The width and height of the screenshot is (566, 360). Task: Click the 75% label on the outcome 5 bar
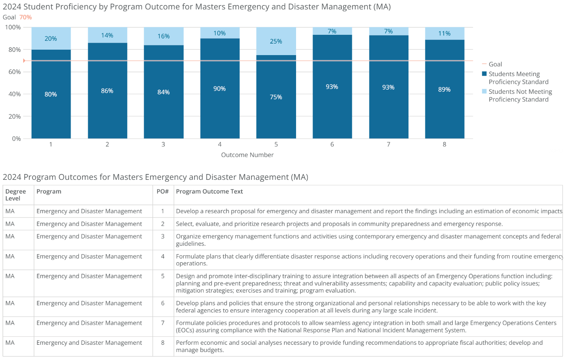[276, 97]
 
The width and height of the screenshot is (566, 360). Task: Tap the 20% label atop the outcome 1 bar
[51, 39]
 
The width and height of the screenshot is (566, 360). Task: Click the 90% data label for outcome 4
[220, 89]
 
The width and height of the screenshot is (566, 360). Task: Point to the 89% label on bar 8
[444, 90]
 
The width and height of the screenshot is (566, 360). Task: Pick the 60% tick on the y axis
[15, 72]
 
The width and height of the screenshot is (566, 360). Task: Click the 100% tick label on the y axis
[13, 27]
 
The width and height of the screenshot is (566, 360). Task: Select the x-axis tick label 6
[332, 144]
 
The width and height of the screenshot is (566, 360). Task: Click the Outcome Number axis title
[247, 155]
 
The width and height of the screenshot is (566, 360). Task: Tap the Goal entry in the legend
[495, 64]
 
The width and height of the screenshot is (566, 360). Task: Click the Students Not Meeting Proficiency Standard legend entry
[520, 95]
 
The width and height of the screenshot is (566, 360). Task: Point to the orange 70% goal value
[25, 17]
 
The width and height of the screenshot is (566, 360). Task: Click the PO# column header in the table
[163, 191]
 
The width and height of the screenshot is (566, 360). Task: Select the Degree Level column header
[16, 195]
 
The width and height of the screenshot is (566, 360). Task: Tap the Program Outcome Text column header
[209, 191]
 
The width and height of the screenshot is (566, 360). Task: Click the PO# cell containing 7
[163, 323]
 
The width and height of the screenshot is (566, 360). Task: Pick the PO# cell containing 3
[163, 236]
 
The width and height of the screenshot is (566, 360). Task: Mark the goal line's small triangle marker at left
[24, 61]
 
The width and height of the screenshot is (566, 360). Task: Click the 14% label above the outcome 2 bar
[107, 36]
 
